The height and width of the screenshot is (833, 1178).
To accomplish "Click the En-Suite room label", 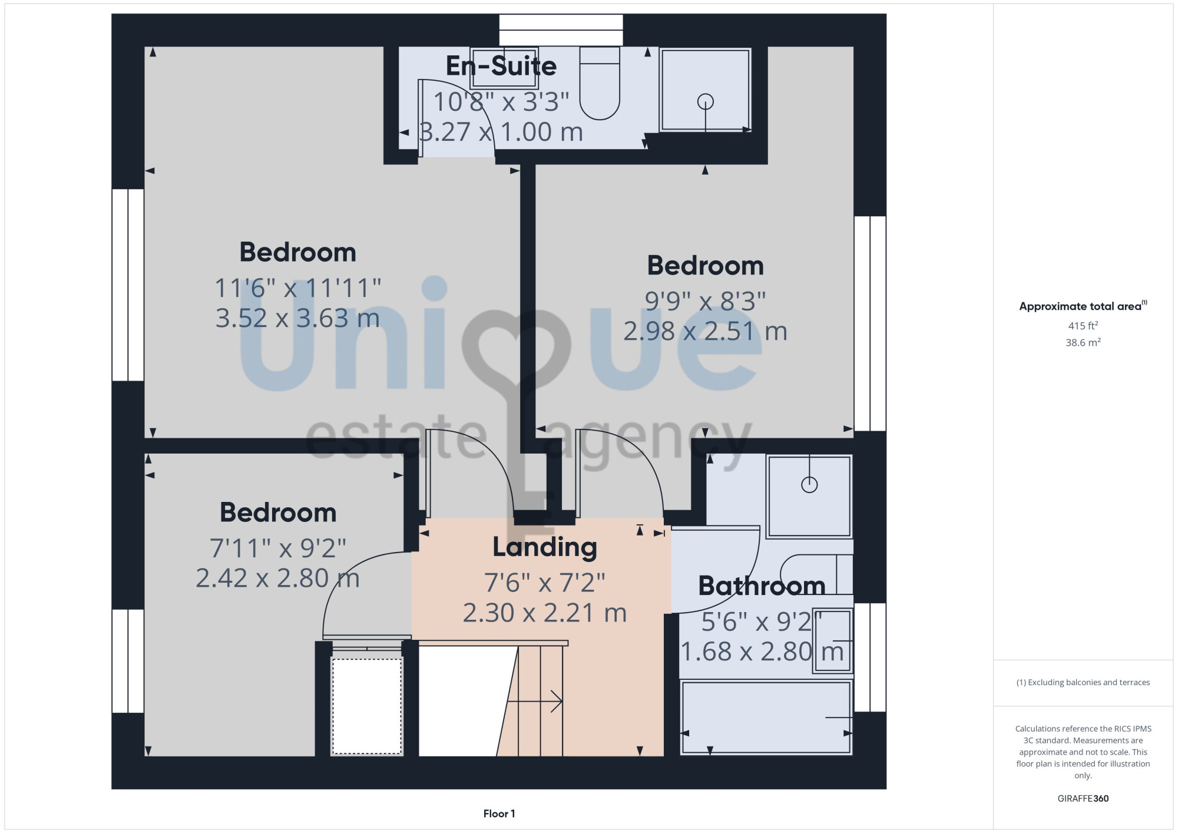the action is point(501,66).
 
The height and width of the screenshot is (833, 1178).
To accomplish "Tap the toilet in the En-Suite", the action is point(600,83).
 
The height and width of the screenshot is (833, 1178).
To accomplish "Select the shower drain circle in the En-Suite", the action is point(706,102).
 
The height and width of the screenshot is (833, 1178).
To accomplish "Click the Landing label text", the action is point(545,547).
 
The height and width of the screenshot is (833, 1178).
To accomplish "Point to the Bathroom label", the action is point(762,586).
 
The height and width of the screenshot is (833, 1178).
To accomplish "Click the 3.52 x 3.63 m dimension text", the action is point(297,318).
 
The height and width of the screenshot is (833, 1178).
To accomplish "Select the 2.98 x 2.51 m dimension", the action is point(706,331).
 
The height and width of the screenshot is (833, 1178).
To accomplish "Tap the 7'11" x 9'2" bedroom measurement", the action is point(278,548).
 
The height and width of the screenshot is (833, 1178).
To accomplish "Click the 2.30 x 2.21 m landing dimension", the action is point(545,613).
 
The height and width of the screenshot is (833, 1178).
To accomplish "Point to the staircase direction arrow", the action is point(534,702).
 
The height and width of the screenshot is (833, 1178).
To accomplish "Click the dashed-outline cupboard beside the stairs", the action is point(367,706).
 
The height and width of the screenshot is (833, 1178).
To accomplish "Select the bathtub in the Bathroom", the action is point(766,718).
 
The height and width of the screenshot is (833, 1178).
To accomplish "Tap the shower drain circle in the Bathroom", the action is point(809,485).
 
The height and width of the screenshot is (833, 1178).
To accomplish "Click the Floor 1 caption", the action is point(499,814).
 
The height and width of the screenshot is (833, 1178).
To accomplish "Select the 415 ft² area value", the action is point(1083,325).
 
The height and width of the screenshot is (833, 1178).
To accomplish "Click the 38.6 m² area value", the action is point(1083,342).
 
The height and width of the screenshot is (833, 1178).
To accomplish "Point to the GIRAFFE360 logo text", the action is point(1083,799).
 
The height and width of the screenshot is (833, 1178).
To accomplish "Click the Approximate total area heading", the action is point(1083,306).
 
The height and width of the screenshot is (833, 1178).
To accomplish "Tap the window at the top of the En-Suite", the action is point(561,30).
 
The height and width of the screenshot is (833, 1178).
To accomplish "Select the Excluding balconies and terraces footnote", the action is point(1083,682).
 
